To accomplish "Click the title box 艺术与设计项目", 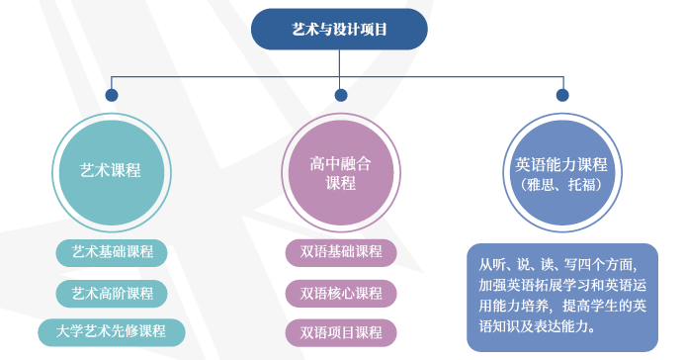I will (x=340, y=30).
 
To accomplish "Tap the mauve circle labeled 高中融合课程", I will (x=340, y=171).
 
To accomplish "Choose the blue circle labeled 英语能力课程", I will (x=561, y=171).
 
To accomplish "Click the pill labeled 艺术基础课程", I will (x=112, y=251).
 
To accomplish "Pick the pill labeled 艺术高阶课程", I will (x=112, y=293).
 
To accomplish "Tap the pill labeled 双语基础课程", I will (x=340, y=251).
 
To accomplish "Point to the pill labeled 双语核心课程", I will (x=340, y=293).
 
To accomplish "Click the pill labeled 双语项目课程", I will (x=340, y=331).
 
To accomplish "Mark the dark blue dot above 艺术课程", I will (x=112, y=95).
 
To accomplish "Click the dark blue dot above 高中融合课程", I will (x=341, y=95).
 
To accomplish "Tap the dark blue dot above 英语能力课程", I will (x=562, y=95).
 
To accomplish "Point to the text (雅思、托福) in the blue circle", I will (x=561, y=184).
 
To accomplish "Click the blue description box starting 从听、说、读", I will (x=561, y=296).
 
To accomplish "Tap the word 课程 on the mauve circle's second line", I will (x=340, y=182).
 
